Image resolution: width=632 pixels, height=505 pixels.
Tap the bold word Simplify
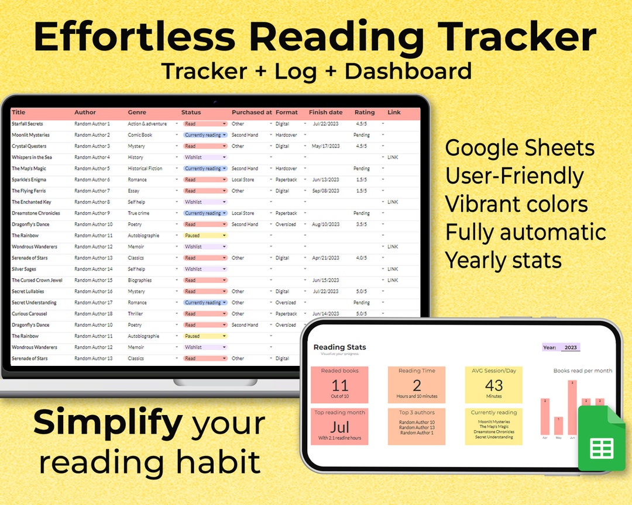coord(108,424)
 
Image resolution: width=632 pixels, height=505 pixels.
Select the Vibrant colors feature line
coord(516,205)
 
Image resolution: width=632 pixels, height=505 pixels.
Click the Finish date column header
coord(325,112)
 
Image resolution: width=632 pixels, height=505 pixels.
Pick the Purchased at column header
coord(252,112)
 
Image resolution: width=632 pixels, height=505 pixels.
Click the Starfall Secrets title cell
coord(28,124)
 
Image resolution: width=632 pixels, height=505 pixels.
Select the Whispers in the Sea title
coord(32,157)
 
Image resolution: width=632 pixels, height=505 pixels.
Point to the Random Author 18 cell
coord(93,314)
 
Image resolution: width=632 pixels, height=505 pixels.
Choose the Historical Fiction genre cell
coord(145,168)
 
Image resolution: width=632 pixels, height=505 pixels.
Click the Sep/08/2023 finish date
coord(326,191)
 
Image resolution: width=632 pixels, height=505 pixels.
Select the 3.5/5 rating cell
coord(361,224)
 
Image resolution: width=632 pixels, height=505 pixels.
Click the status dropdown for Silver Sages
coord(205,269)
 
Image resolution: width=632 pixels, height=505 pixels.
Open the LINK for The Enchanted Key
coord(392,202)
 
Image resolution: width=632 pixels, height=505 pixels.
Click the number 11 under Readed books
coord(339,386)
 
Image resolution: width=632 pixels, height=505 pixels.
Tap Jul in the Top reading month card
coord(339,427)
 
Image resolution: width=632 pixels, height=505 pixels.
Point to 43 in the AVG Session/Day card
coord(494,386)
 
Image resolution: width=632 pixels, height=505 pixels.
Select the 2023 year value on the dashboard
coord(570,348)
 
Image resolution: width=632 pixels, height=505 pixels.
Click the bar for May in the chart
coord(558,426)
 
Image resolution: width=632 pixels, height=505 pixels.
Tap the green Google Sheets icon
coord(602,440)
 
